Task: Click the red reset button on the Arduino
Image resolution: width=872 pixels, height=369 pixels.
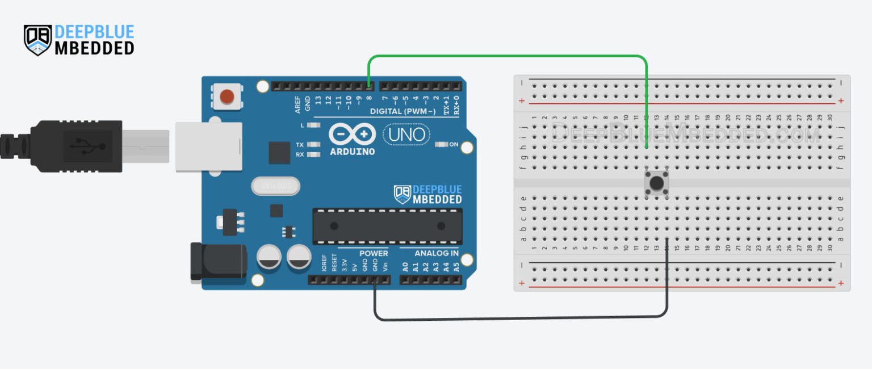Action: click(227, 96)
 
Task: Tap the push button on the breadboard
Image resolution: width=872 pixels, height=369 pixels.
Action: click(657, 183)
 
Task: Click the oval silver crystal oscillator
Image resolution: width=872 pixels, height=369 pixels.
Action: click(275, 186)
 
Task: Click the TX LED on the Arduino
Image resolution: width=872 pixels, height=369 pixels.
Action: click(310, 144)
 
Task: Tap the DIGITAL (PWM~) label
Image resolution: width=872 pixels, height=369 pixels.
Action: click(403, 111)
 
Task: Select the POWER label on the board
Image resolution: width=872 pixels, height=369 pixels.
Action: click(374, 253)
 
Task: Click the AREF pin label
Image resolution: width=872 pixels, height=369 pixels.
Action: click(297, 103)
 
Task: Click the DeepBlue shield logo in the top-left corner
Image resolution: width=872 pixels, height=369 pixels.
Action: click(37, 40)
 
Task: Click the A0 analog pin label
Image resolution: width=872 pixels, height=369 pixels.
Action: click(405, 266)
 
